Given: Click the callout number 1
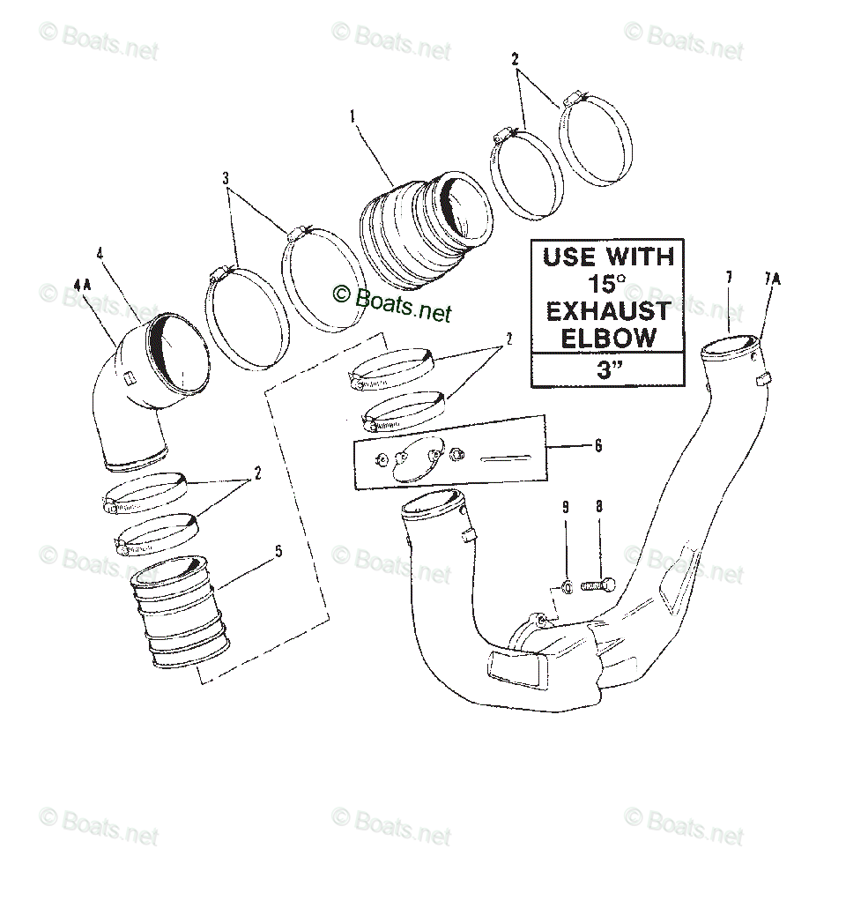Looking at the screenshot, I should point(352,115).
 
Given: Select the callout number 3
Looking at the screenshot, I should point(226,177).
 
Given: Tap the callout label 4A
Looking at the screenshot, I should point(82,283).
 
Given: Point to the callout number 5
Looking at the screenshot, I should point(278,552).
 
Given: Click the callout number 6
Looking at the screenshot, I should point(598,446).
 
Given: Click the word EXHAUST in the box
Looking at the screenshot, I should point(607,311).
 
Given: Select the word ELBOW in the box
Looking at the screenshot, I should point(607,338).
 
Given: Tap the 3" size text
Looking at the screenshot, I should point(607,370).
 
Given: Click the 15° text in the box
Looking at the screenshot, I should point(607,284).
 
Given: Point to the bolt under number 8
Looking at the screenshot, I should point(597,585).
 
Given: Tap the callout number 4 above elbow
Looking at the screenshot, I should point(100,254).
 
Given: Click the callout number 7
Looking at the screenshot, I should point(729,279).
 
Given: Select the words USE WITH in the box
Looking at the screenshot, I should point(607,257).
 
